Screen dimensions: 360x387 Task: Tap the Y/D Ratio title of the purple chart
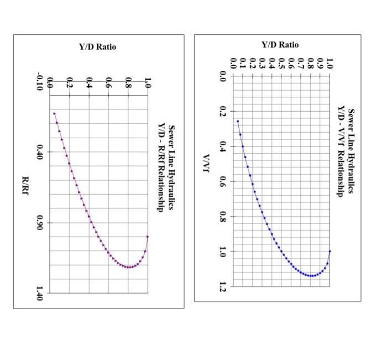[98, 47]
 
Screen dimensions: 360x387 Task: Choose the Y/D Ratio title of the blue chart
[280, 44]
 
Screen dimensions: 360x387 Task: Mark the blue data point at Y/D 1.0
[330, 251]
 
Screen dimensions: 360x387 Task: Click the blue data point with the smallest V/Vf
[238, 121]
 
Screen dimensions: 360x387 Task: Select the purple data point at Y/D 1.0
[148, 237]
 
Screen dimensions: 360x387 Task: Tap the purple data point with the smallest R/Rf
[54, 113]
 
